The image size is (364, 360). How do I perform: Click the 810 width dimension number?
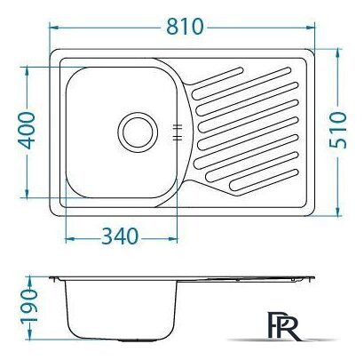[x=185, y=27]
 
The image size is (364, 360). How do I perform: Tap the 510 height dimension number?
[x=337, y=130]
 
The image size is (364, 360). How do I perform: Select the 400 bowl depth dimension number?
[x=27, y=131]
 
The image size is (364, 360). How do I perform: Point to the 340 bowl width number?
[x=120, y=236]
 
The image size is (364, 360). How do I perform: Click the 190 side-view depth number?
[x=28, y=307]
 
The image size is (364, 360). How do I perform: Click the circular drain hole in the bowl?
[x=138, y=132]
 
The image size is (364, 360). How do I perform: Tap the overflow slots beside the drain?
[x=177, y=132]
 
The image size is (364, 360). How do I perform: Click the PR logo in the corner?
[x=284, y=325]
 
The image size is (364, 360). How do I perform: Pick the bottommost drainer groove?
[x=264, y=180]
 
